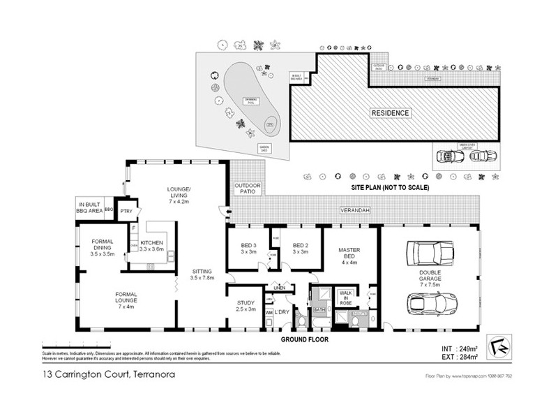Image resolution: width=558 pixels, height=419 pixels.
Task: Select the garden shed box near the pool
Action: point(264,148)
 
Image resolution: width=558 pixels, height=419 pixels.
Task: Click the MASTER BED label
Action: point(349,256)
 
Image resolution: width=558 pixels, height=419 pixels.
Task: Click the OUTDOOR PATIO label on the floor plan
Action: point(246,188)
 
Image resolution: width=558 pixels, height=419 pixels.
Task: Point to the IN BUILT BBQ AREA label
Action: point(90,207)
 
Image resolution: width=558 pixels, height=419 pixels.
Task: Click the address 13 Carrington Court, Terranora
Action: point(108,375)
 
